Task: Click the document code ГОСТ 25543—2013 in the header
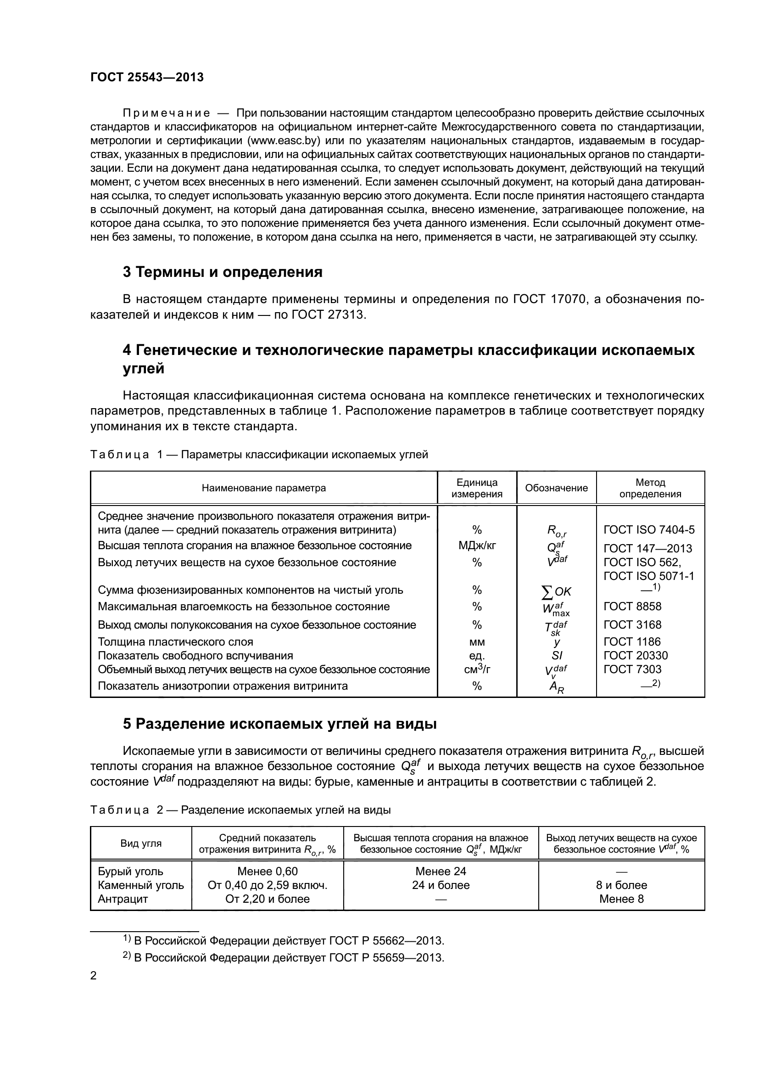147,77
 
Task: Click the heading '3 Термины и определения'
223,272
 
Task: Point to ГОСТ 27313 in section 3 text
327,315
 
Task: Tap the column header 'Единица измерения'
477,488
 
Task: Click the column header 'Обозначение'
556,488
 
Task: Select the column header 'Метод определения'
650,488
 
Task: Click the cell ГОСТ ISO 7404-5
649,529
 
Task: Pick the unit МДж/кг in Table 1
477,545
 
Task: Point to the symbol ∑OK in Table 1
556,592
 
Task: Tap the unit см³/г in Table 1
477,669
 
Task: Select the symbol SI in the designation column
556,655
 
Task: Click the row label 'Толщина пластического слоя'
175,642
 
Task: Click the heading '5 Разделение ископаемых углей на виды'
279,724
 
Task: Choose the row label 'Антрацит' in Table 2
123,899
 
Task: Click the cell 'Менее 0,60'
268,871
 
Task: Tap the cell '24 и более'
441,885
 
